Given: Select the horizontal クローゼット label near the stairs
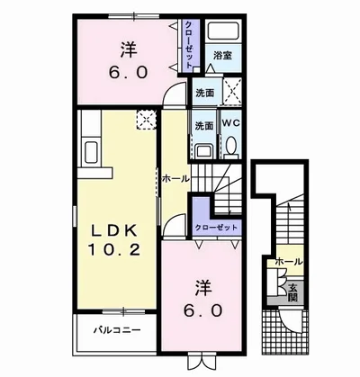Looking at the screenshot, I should click(217, 226).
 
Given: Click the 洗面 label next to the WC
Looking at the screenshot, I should click(203, 126).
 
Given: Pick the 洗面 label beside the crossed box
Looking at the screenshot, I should click(203, 93).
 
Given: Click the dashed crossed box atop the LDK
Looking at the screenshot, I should click(143, 118).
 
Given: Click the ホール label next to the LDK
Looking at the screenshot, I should click(174, 179).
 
